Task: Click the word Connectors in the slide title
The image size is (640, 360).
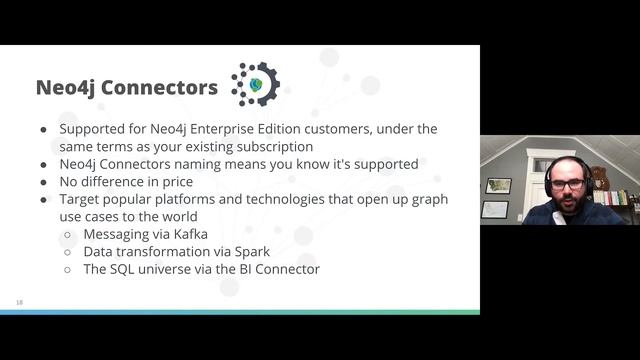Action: [164, 88]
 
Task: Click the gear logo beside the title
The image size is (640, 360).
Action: [255, 84]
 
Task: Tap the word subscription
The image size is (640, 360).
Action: [269, 146]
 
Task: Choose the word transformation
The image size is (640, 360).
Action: [167, 251]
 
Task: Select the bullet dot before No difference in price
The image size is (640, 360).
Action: [43, 181]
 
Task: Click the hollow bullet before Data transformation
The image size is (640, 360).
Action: [67, 251]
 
